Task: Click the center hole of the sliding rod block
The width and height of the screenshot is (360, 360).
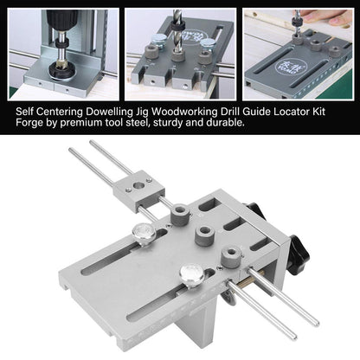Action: coord(139,184)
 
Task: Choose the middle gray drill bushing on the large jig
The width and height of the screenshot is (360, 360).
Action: coord(204,235)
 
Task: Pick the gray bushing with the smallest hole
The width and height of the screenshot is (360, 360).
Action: coord(231,255)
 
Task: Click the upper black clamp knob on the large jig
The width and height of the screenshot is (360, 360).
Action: coord(255,210)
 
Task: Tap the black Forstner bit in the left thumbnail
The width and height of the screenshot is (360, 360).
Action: coord(61,71)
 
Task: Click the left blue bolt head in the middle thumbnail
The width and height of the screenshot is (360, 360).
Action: coord(157,40)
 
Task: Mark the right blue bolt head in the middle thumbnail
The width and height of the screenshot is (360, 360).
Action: coord(207,43)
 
